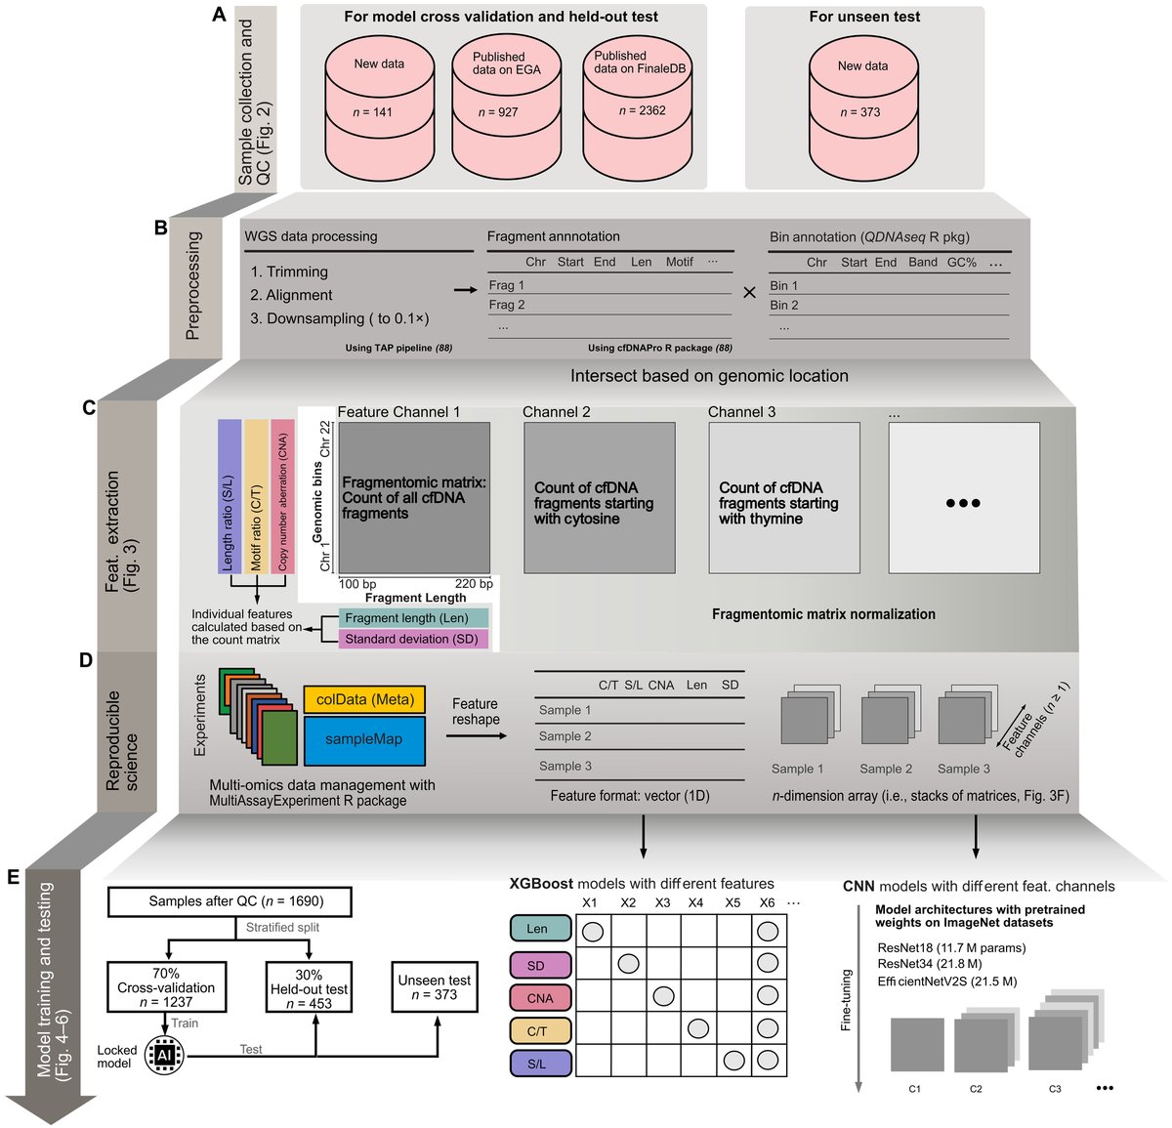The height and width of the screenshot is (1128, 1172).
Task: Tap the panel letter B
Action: click(160, 228)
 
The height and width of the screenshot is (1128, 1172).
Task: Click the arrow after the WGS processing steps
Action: click(465, 290)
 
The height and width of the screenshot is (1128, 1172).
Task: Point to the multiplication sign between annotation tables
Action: click(749, 293)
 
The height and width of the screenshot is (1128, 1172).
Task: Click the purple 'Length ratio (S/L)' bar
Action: click(230, 496)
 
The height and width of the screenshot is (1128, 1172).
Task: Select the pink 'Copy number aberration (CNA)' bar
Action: click(282, 496)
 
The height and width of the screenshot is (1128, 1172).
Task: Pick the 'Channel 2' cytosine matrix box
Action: click(600, 497)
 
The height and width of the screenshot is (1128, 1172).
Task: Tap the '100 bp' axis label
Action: click(357, 584)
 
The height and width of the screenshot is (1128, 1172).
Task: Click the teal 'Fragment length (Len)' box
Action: click(413, 618)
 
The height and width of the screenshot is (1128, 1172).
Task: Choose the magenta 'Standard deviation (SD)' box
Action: click(413, 639)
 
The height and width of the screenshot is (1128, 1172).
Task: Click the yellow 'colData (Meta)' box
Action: click(364, 699)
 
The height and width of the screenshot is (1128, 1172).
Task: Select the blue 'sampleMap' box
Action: click(364, 740)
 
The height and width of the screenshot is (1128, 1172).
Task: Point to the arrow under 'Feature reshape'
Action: click(477, 735)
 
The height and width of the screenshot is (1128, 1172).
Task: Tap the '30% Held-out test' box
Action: click(309, 987)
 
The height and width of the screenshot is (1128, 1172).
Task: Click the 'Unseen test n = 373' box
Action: click(435, 987)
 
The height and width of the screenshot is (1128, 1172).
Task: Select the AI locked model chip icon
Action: click(164, 1055)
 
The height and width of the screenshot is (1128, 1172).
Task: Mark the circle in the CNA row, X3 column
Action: click(663, 996)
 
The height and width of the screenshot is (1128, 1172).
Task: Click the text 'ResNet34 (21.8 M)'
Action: click(929, 964)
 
